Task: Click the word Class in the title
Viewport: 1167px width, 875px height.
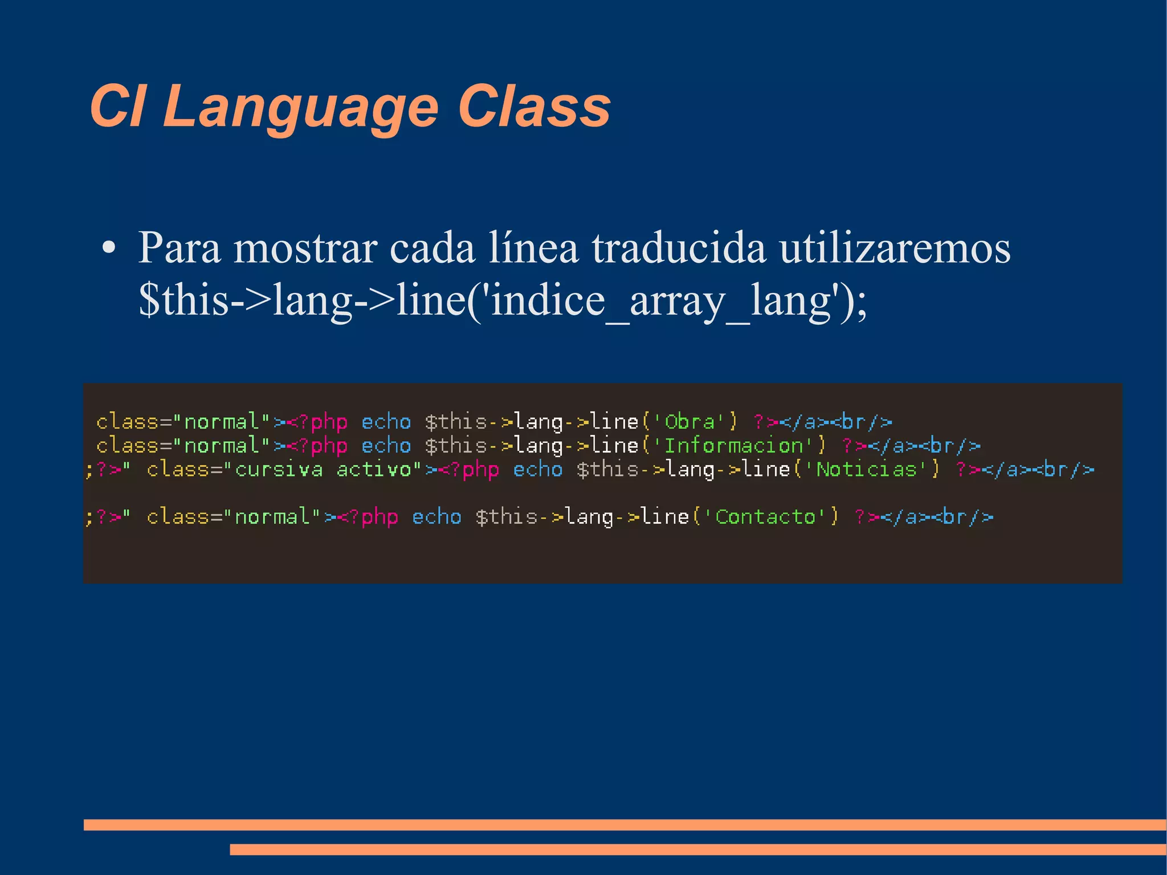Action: [x=534, y=106]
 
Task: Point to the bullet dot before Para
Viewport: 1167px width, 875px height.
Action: [x=108, y=249]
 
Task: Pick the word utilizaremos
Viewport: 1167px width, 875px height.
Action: [x=895, y=249]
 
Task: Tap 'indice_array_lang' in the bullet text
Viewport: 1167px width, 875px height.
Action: [x=660, y=300]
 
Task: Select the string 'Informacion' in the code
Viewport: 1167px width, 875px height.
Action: [x=734, y=446]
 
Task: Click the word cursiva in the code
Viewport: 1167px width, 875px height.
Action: [x=279, y=470]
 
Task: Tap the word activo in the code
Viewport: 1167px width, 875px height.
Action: [x=374, y=470]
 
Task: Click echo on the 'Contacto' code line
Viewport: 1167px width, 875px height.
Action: [x=436, y=517]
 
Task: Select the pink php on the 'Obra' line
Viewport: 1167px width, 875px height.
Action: [x=329, y=422]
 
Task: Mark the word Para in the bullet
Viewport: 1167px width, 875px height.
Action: [x=179, y=249]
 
